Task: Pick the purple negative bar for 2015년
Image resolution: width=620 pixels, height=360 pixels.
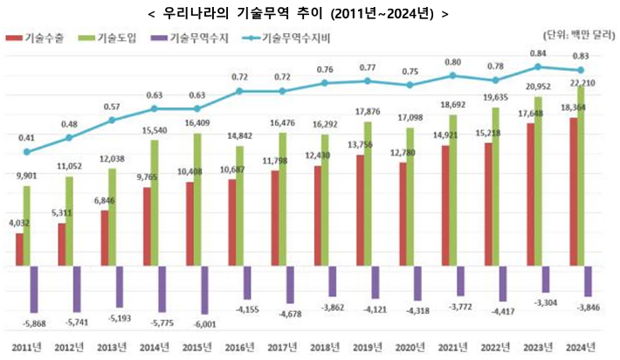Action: coord(203,289)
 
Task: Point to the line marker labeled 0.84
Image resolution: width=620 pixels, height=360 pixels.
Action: coord(538,66)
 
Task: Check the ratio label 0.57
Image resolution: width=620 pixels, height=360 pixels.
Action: coord(111,106)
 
